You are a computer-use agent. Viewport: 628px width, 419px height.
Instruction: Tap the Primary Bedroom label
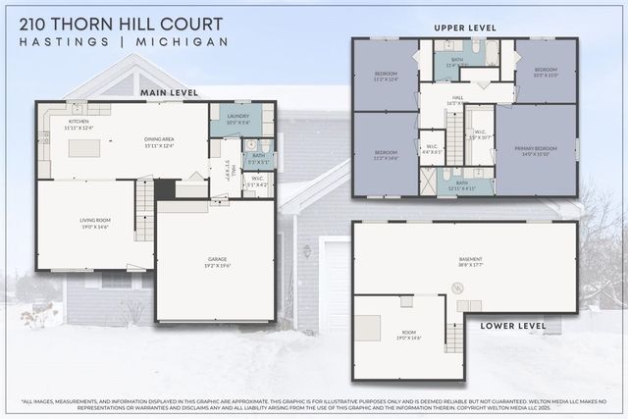tap(535, 150)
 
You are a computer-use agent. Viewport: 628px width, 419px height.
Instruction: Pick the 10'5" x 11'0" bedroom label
tap(546, 73)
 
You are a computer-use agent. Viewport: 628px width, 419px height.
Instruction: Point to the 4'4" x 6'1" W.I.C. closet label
tap(431, 150)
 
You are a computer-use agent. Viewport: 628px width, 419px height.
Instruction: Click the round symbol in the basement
tap(456, 288)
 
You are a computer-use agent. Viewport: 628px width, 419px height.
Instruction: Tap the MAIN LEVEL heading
tap(169, 92)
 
